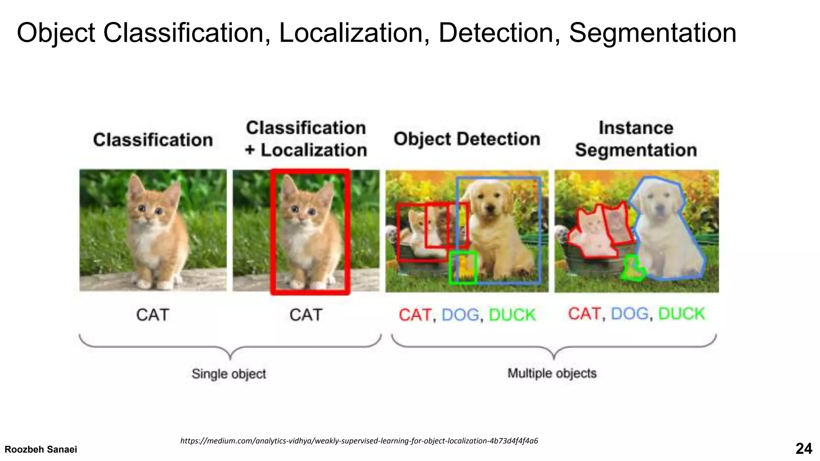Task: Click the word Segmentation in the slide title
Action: click(652, 33)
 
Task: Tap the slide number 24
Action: click(803, 449)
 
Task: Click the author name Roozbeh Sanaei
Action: click(41, 449)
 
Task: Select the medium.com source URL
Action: click(359, 441)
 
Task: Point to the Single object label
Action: click(229, 374)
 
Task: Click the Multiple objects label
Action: click(552, 373)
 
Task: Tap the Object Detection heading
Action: click(467, 139)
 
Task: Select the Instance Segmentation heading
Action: click(636, 139)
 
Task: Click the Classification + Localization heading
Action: click(306, 139)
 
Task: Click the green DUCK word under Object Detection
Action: click(512, 315)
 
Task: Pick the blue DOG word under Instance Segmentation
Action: click(629, 314)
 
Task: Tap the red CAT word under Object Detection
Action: click(415, 315)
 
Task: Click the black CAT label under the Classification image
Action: click(153, 315)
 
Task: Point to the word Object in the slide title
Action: click(56, 33)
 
